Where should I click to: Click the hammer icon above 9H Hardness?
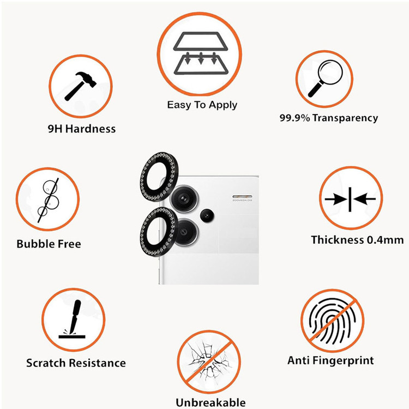click(x=81, y=86)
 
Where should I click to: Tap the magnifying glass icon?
click(x=325, y=79)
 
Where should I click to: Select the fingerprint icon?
click(x=332, y=321)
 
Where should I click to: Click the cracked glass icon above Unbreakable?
click(x=209, y=362)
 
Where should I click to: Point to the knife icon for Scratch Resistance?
click(x=72, y=319)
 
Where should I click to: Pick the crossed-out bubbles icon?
click(x=48, y=200)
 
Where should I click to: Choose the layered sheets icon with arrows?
click(x=201, y=53)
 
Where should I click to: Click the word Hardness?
click(x=90, y=129)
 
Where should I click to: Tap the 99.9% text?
click(x=294, y=118)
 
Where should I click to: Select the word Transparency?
click(x=345, y=118)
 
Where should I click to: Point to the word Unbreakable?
click(x=210, y=402)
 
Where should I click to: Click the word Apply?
click(x=223, y=105)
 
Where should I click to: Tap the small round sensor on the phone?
click(x=207, y=216)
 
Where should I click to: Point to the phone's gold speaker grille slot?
click(x=242, y=196)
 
